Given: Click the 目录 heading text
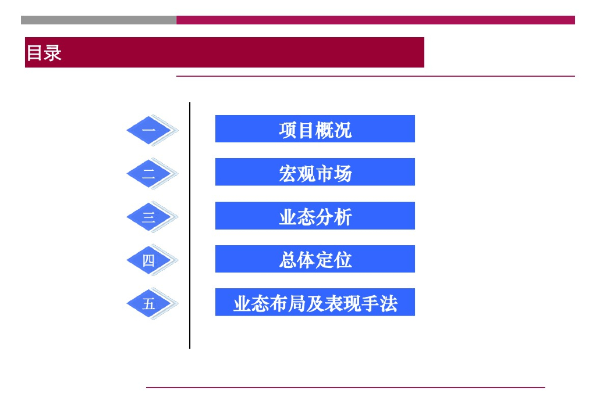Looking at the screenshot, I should coord(44,53).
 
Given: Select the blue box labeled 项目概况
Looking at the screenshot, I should coord(315,129).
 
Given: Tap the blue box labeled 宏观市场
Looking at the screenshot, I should coord(315,173).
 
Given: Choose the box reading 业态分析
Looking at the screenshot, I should coord(315,216).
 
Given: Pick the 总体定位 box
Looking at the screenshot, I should coord(315,259).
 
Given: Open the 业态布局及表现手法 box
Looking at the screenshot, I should coord(315,303).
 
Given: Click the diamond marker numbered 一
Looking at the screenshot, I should coord(150,130).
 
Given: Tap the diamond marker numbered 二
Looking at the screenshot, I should coord(150,173).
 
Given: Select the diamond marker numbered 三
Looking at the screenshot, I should coord(150,217).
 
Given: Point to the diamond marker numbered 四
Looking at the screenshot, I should coord(150,260).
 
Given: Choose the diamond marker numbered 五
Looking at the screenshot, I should coord(150,303).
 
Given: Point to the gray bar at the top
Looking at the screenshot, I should coord(98,20).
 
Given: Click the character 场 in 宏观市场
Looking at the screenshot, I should coord(343,173).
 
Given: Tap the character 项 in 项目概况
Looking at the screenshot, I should coord(288,130).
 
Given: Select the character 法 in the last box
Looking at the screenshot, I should coord(389,303).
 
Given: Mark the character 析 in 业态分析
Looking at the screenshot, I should coord(343,217).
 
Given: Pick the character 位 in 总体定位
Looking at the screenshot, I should coord(343,260).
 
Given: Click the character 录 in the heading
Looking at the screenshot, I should coord(53,53).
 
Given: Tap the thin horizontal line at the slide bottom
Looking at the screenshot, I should coord(345,387).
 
